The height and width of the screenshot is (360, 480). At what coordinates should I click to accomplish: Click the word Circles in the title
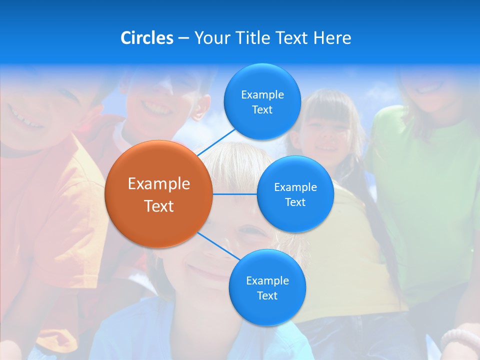[147, 37]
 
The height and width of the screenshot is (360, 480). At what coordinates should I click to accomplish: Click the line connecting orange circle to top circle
[216, 141]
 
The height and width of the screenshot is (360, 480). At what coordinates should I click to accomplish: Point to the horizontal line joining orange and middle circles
[235, 194]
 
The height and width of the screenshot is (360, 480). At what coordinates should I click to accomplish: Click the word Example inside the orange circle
[158, 184]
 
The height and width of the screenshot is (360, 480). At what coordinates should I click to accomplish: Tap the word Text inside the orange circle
[158, 206]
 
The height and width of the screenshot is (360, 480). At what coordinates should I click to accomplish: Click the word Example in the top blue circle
[262, 95]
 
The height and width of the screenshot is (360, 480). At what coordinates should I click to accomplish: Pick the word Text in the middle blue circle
[295, 202]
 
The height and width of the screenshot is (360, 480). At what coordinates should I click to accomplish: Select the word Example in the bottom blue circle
[267, 280]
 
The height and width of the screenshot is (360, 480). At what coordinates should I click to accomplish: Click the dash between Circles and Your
[183, 38]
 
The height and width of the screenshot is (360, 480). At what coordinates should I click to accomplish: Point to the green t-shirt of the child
[425, 190]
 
